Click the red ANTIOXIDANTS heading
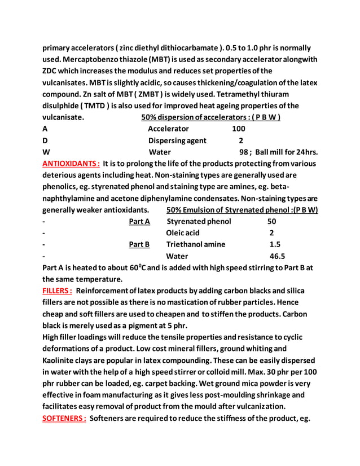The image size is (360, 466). click(71, 164)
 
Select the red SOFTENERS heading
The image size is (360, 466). click(64, 418)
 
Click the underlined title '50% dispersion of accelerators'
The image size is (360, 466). click(211, 117)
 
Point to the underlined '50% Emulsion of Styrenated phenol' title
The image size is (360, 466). click(242, 210)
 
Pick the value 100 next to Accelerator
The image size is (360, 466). click(239, 129)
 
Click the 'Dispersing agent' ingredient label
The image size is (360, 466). click(177, 140)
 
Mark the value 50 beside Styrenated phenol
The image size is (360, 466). click(271, 221)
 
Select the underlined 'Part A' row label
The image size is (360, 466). click(139, 221)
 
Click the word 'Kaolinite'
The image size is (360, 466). click(64, 360)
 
